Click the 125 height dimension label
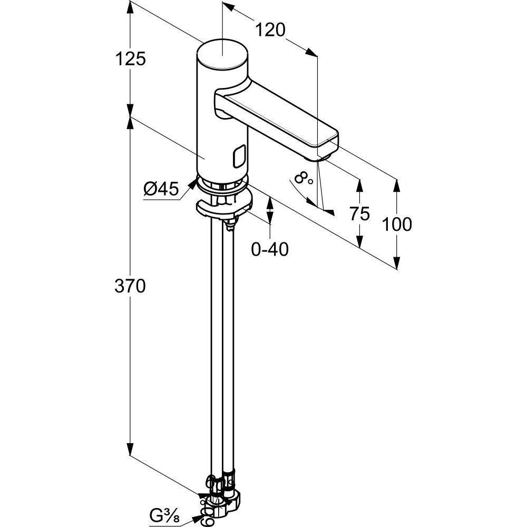point(130,59)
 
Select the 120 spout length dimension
point(270,30)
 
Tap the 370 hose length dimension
point(130,286)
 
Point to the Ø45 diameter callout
point(161,189)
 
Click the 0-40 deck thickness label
point(270,249)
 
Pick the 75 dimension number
point(359,213)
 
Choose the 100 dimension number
point(397,224)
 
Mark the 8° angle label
point(303,179)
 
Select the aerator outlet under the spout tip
point(323,157)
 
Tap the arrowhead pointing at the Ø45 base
point(193,183)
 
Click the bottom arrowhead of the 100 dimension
point(397,263)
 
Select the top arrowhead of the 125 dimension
point(130,7)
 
